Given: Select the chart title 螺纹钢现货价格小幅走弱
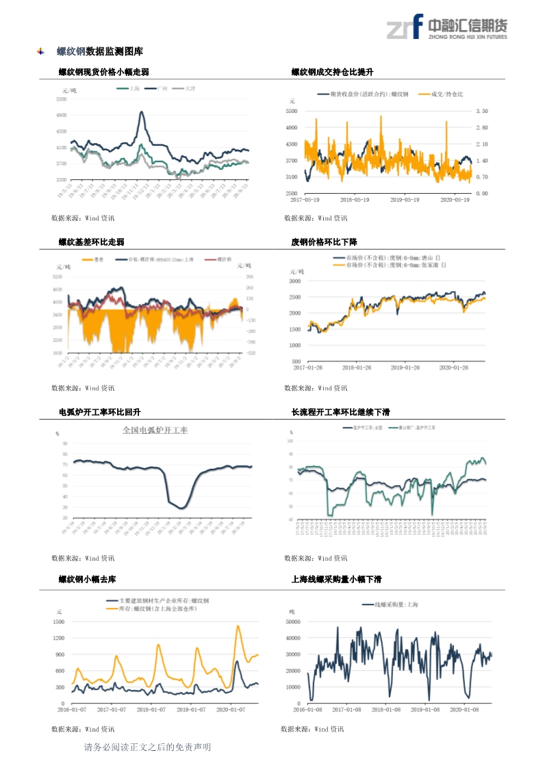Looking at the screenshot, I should tap(103, 72).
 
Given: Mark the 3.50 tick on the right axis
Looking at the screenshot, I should tap(481, 111).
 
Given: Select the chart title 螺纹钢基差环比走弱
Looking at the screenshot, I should tap(91, 242).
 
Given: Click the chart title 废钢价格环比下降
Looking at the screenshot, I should tap(324, 242).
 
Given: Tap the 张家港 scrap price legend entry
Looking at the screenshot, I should tap(389, 264).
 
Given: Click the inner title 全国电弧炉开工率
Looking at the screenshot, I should tap(155, 431).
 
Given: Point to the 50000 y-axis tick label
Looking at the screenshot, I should tap(293, 622).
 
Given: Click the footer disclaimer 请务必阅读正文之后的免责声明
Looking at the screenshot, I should tap(147, 747).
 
